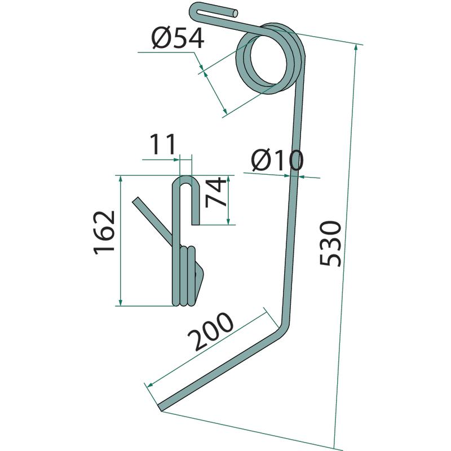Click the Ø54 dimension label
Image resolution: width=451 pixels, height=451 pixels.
tap(178, 38)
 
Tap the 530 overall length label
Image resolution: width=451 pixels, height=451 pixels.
tap(331, 244)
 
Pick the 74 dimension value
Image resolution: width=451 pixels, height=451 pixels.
tap(216, 192)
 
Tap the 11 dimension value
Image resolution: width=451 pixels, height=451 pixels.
tap(162, 144)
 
